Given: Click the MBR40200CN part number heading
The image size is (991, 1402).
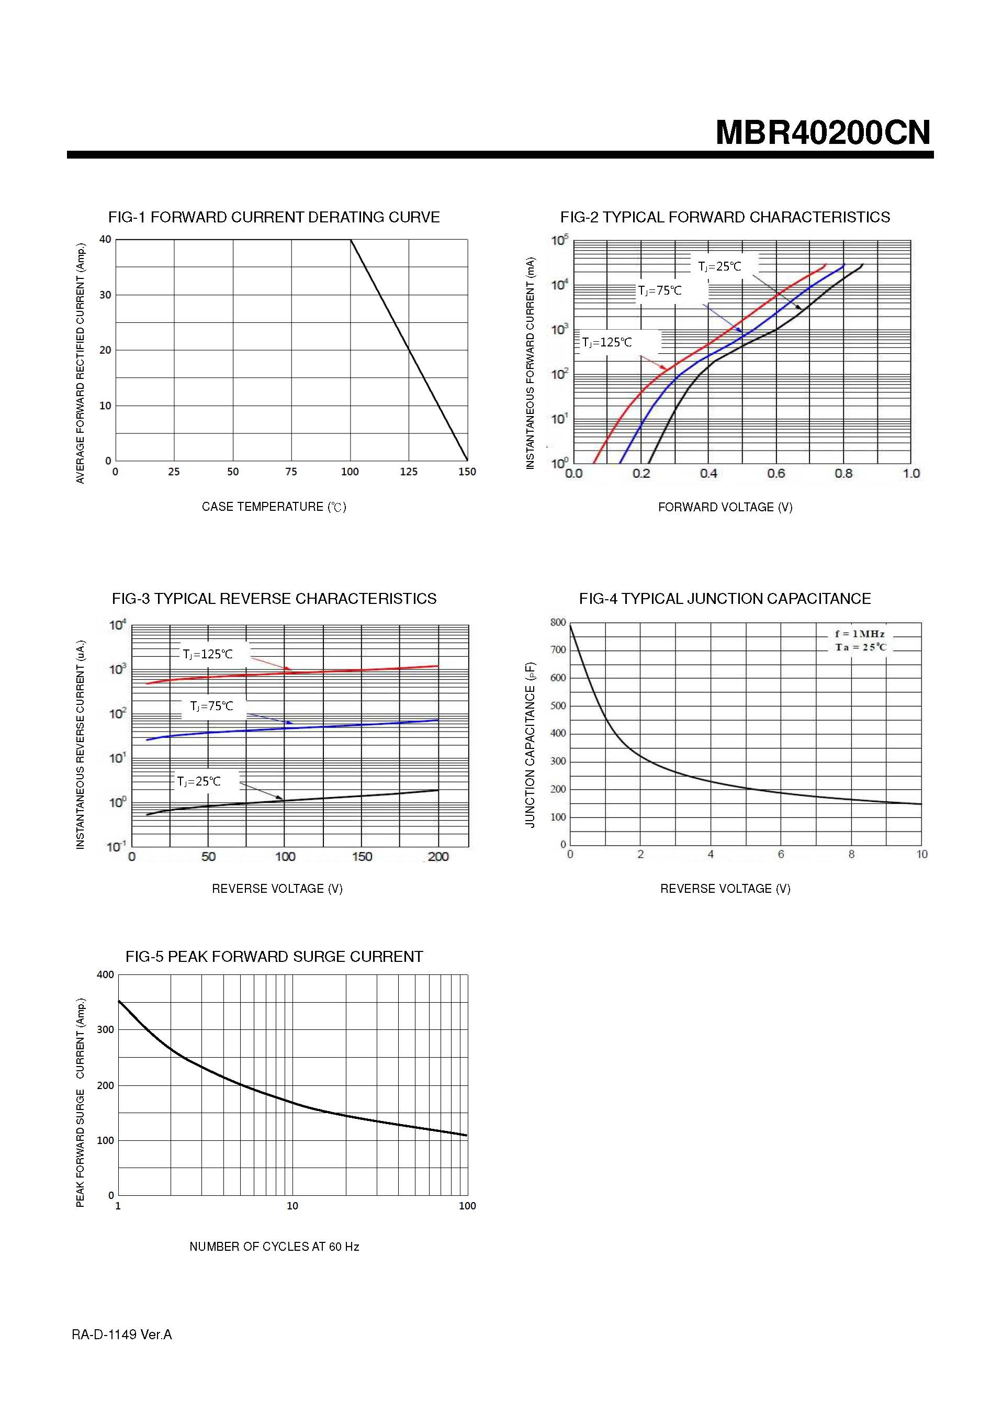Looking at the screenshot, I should tap(823, 132).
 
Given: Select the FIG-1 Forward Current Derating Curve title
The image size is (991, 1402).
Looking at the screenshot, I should tap(274, 217).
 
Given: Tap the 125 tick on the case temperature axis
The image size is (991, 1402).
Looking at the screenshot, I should tap(409, 472).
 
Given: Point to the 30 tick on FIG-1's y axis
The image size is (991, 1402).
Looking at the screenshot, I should tap(106, 295).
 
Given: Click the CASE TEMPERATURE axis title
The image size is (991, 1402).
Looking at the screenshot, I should tap(274, 507).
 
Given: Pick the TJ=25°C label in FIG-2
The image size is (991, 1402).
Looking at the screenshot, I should tap(719, 266).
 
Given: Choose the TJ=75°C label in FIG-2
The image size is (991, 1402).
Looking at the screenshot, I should tap(659, 290).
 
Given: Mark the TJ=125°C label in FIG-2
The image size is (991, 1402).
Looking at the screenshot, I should tap(607, 343).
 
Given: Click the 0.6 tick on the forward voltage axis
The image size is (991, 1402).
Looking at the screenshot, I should tap(775, 473).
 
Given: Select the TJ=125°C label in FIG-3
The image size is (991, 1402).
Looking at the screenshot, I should tap(208, 654).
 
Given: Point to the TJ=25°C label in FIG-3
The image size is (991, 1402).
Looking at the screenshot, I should tap(198, 781).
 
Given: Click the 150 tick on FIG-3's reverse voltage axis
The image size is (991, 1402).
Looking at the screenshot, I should tap(362, 857).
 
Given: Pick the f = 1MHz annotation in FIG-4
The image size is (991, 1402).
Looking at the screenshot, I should tap(860, 634).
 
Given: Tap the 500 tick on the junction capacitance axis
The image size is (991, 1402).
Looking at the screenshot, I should tap(558, 705).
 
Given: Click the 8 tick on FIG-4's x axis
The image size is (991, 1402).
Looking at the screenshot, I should tap(851, 854).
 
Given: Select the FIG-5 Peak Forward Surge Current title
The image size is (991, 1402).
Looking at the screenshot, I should tap(274, 956).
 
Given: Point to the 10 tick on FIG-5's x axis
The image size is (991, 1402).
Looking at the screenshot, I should tap(292, 1205).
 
